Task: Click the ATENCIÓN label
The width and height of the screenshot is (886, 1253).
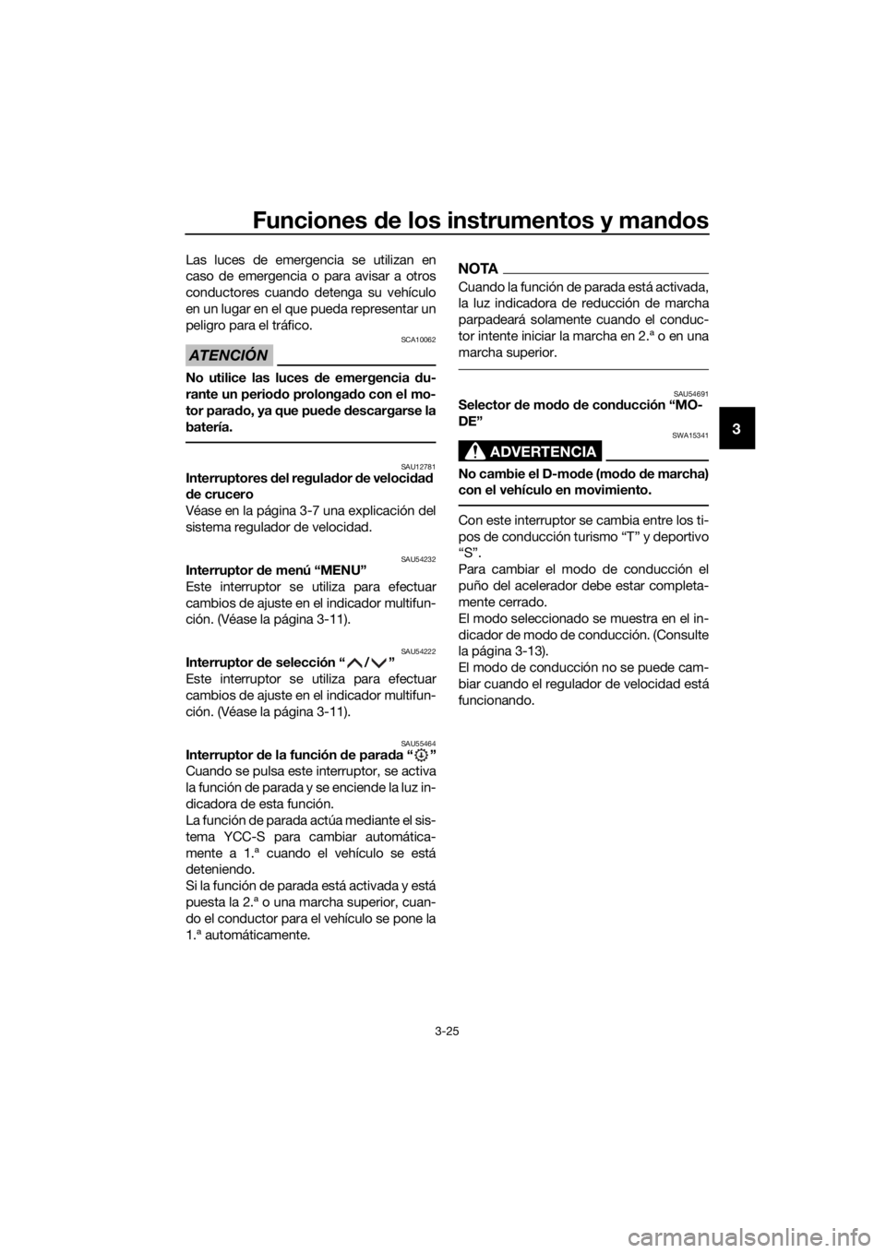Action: coord(227,355)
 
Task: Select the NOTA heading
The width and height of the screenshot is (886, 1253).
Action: coord(477,268)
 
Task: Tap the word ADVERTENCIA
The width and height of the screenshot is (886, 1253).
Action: coord(544,451)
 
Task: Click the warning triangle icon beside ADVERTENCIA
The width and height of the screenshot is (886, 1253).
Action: coord(476,451)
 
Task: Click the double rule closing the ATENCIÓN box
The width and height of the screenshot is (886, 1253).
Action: coord(310,442)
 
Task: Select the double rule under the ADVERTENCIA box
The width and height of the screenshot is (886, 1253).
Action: coord(584,505)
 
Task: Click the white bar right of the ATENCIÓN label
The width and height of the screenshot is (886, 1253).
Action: coord(355,354)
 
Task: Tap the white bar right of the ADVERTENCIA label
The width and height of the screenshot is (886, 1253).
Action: coord(656,449)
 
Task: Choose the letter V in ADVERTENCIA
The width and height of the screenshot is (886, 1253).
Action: coord(520,451)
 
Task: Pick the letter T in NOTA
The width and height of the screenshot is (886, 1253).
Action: coord(482,268)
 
